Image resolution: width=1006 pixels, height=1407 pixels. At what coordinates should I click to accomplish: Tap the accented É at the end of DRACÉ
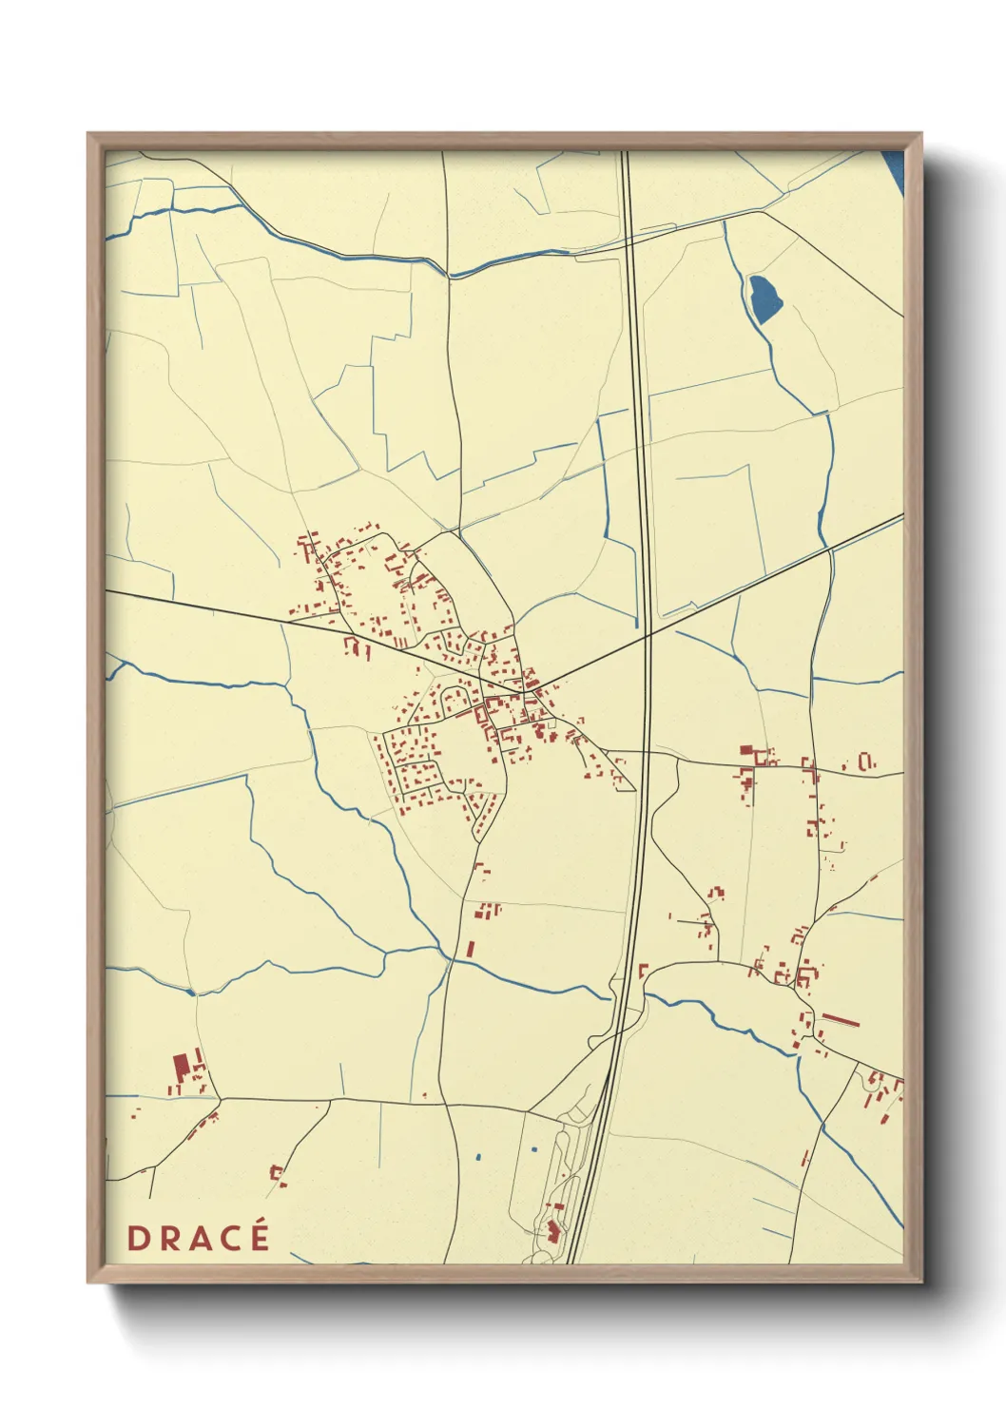coord(258,1235)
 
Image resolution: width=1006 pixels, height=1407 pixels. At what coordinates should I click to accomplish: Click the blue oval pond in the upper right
coord(764,298)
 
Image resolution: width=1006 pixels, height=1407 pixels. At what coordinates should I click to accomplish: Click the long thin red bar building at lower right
coord(841,1020)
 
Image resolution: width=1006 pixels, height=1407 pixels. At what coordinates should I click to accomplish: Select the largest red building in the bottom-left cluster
coord(180,1066)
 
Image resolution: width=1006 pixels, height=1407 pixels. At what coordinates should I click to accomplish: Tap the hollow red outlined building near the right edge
coord(865,761)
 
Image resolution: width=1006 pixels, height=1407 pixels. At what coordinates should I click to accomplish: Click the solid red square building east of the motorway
coord(746,750)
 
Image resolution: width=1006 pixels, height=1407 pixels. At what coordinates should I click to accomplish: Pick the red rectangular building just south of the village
coord(470,948)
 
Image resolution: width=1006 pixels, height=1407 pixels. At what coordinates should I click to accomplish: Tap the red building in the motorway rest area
coord(552,1231)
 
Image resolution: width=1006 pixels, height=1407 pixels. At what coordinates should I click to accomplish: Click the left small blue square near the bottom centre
coord(477,1157)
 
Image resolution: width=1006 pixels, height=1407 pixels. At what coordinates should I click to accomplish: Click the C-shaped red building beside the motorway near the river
coord(642,970)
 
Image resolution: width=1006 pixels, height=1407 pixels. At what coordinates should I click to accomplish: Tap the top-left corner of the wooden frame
coord(89,135)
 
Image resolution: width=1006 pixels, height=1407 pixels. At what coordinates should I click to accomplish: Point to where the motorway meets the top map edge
coord(625,152)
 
